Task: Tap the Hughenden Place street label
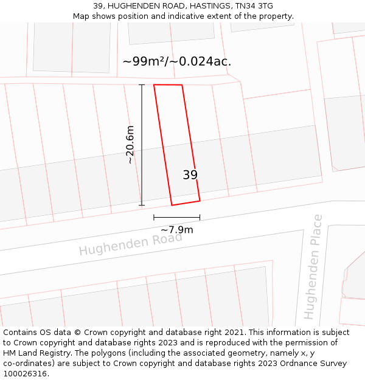[x=313, y=266]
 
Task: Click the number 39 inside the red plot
[x=190, y=175]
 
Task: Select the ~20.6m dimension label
[x=130, y=145]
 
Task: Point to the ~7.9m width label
[x=176, y=230]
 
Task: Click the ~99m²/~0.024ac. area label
[x=176, y=61]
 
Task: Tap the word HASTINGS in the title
[x=204, y=6]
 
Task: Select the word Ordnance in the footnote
[x=297, y=364]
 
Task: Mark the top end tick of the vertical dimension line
[x=142, y=85]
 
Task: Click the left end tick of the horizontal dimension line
[x=154, y=217]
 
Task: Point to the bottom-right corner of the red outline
[x=200, y=201]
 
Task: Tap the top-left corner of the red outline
[x=154, y=85]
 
